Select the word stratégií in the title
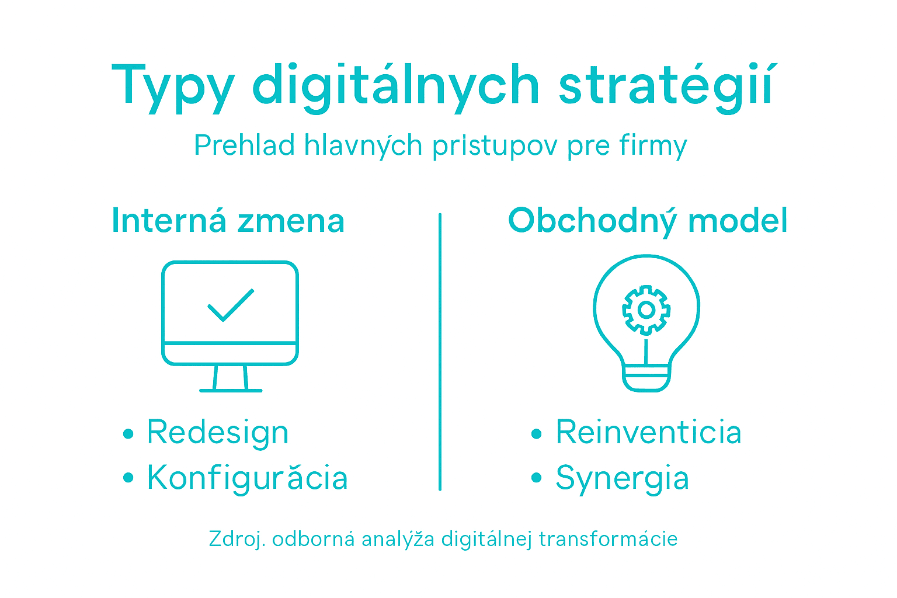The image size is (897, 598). [x=666, y=86]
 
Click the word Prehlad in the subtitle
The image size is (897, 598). [x=244, y=145]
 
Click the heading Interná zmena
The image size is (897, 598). [x=228, y=221]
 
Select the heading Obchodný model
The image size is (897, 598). [x=648, y=221]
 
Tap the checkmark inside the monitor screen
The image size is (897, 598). [x=231, y=305]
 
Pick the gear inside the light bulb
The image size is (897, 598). [x=646, y=310]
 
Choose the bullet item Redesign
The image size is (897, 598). [x=217, y=433]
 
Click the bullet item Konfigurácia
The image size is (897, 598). [x=247, y=478]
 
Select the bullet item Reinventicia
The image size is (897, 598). [x=648, y=433]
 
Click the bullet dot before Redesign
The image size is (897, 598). [x=128, y=434]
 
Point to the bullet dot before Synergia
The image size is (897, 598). [x=537, y=478]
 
